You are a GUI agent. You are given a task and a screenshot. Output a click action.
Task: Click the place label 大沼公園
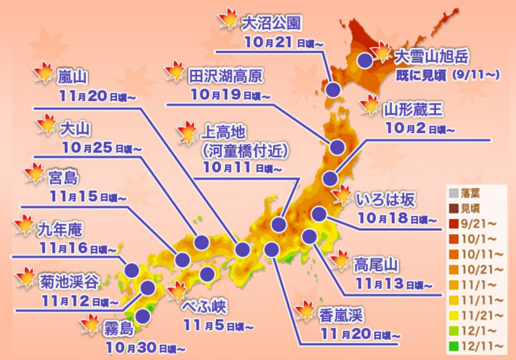[271, 23]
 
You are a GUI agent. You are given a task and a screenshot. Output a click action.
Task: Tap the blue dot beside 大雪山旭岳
[365, 60]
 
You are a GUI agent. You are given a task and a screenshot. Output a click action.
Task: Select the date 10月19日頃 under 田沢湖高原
[230, 95]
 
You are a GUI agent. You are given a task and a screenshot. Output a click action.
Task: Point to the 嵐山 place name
[72, 77]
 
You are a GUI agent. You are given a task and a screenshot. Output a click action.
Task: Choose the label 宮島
[63, 178]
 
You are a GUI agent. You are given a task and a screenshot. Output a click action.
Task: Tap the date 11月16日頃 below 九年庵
[77, 249]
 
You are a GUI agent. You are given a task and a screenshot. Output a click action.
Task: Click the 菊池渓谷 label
[69, 281]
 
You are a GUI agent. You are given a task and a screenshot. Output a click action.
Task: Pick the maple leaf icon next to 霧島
[90, 324]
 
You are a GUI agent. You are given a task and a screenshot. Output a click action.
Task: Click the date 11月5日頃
[218, 326]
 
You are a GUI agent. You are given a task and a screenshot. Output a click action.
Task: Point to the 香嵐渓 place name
[340, 315]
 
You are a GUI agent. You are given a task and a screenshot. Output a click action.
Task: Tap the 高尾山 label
[375, 265]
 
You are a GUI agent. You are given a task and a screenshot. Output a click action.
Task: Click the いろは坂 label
[385, 199]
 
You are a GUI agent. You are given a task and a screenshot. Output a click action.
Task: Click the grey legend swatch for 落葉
[453, 193]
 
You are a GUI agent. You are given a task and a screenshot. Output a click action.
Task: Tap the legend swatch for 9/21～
[453, 224]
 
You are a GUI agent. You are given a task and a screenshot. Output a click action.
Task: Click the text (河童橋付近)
[245, 151]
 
